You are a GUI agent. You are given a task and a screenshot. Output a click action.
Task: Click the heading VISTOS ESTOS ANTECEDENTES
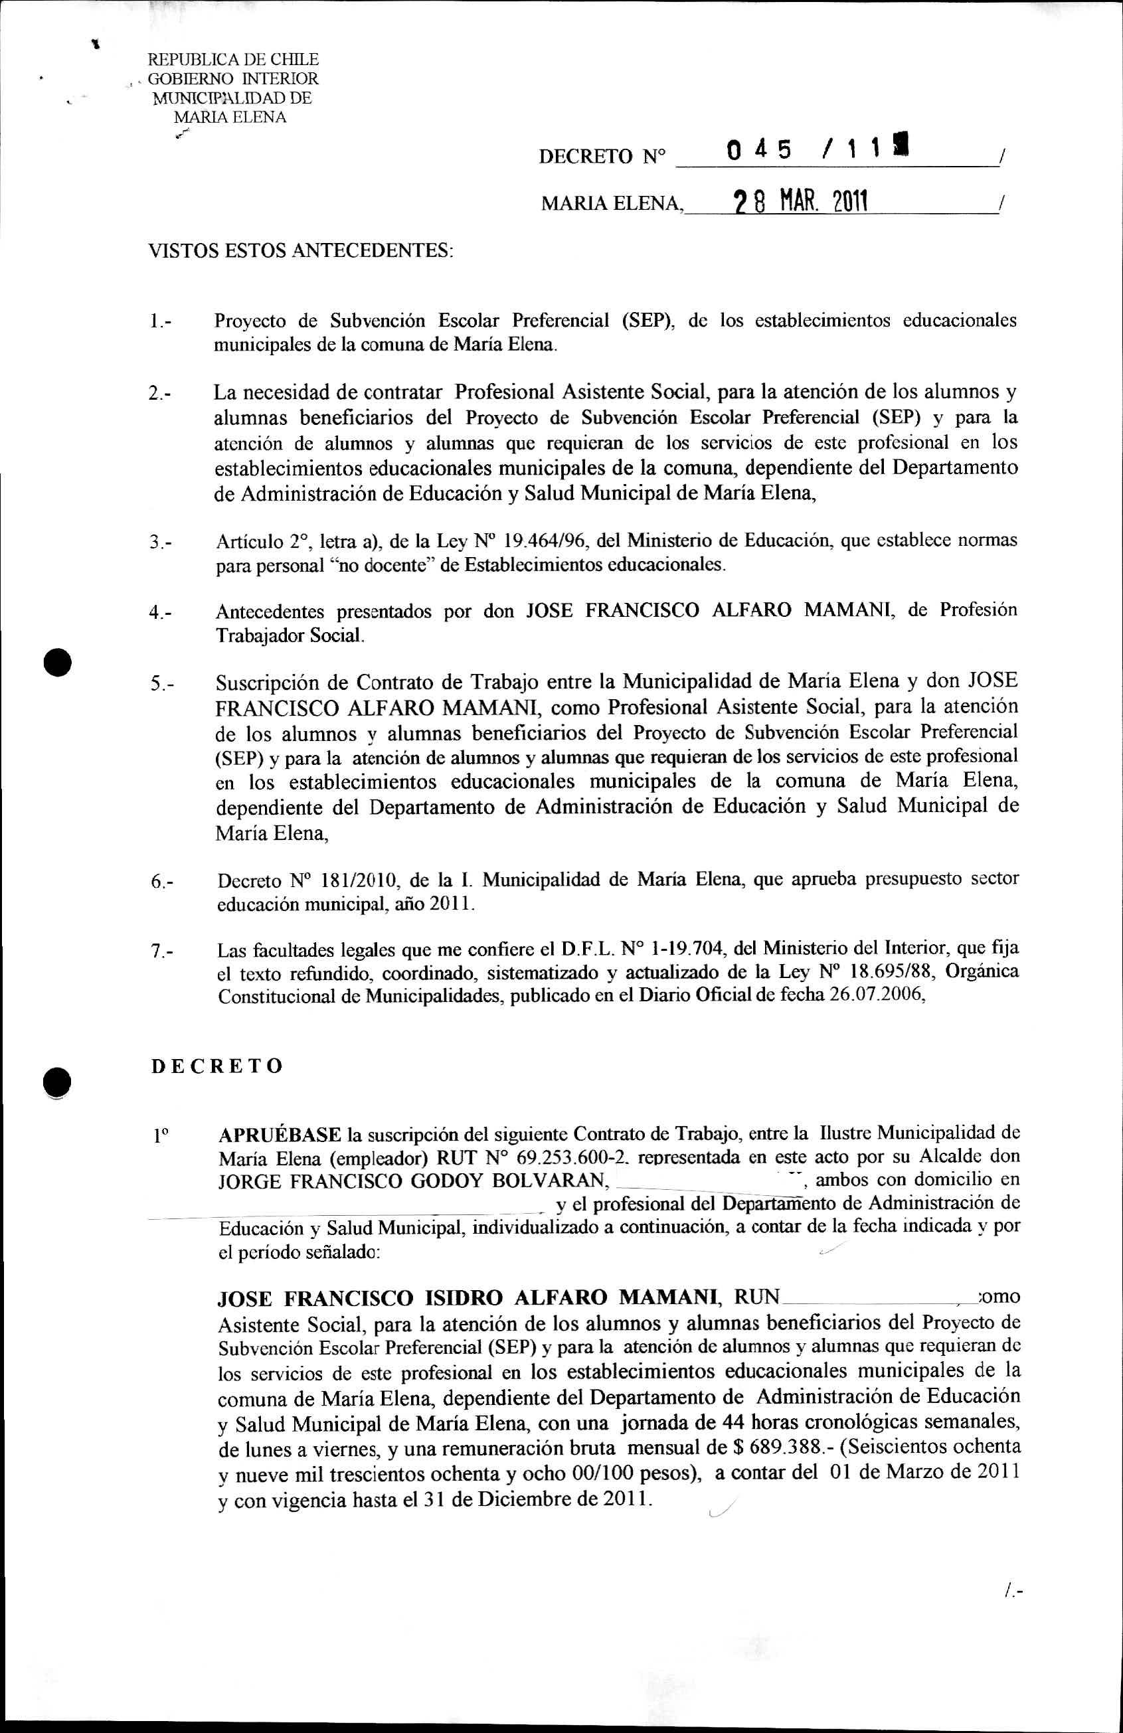tap(300, 251)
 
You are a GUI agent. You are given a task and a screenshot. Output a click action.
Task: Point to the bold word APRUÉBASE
tap(280, 1135)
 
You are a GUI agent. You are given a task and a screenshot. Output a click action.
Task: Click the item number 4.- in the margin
tap(160, 612)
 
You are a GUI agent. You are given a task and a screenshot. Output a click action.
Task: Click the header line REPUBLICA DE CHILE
tap(233, 60)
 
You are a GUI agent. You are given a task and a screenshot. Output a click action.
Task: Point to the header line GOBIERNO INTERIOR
tap(233, 78)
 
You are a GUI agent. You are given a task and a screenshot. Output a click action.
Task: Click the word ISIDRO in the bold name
tap(462, 1297)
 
